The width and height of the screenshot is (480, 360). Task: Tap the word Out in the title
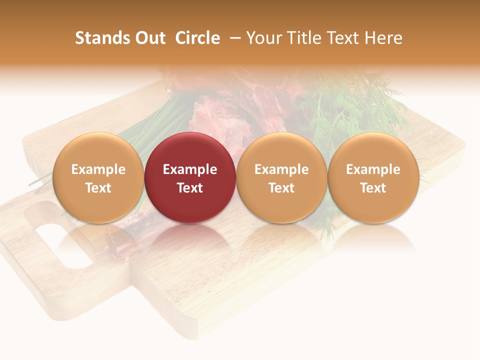(149, 38)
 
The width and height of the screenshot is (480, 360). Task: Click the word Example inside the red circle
(190, 169)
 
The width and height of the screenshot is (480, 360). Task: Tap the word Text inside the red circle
(190, 188)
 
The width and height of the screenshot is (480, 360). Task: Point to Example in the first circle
(98, 169)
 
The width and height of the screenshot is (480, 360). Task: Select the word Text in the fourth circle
(373, 188)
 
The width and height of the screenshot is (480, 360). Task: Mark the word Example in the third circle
(281, 169)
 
